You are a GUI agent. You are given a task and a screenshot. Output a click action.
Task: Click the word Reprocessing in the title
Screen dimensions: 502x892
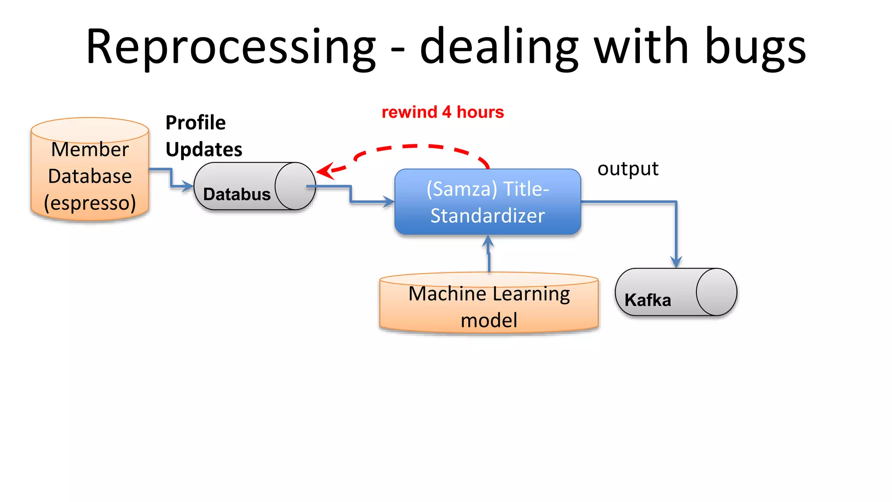(231, 47)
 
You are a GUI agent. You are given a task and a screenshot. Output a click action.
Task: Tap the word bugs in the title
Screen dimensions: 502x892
(755, 47)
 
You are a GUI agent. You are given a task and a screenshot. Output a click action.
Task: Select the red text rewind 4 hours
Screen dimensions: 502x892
(443, 112)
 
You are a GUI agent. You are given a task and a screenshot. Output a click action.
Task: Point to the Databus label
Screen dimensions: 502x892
(237, 194)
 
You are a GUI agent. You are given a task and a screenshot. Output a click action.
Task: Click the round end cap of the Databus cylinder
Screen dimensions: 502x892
(295, 186)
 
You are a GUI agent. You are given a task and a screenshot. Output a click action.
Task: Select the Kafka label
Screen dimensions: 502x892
(647, 300)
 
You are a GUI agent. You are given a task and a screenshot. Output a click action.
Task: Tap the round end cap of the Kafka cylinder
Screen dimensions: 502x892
(716, 292)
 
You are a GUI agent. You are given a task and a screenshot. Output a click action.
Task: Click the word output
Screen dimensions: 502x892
(628, 169)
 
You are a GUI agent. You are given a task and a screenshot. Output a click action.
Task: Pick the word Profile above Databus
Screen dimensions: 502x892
(196, 123)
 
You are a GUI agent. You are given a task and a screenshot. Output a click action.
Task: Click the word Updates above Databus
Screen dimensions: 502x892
(203, 149)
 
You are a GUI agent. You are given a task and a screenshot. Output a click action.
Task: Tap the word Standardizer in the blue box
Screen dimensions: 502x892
(487, 216)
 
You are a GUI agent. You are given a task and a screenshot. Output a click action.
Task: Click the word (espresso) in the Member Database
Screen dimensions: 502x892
(90, 203)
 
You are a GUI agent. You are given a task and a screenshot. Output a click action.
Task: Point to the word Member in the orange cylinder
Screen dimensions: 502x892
(90, 149)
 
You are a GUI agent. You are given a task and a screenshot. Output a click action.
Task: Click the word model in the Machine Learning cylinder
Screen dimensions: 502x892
(489, 321)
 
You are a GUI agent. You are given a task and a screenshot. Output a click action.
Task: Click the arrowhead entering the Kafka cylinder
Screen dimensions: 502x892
(676, 262)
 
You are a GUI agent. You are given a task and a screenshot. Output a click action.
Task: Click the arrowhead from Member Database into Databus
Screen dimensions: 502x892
(188, 187)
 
